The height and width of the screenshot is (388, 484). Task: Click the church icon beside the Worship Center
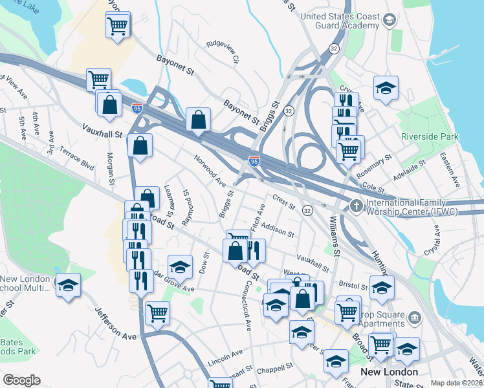[x=356, y=206]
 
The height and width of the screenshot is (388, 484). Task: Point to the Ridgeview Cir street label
[x=223, y=52]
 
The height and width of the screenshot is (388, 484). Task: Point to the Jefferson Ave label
[x=116, y=323]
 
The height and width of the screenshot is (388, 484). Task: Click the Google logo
[x=21, y=380]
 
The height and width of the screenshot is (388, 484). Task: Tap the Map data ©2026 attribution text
[x=456, y=383]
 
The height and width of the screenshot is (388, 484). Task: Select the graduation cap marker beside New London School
[x=67, y=285]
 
